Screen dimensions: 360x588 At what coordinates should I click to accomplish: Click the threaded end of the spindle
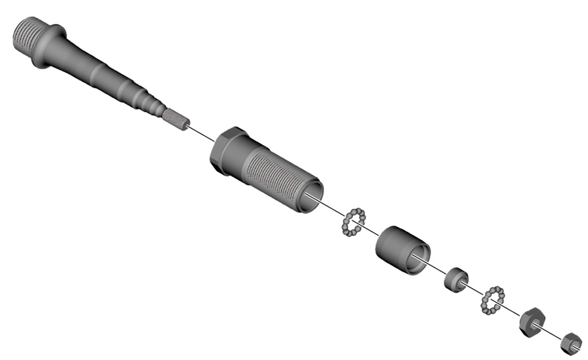[x=27, y=36]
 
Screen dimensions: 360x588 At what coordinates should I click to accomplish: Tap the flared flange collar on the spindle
[x=50, y=46]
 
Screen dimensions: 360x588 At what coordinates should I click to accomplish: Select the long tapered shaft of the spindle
[x=100, y=74]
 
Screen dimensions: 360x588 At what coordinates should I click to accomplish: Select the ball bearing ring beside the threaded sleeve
[x=353, y=222]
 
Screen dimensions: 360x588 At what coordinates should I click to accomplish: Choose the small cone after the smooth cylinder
[x=456, y=279]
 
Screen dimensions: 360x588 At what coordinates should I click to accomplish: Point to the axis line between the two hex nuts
[x=553, y=332]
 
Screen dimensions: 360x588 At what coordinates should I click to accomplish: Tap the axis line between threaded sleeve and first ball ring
[x=334, y=210]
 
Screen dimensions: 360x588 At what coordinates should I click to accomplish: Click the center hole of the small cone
[x=460, y=281]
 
